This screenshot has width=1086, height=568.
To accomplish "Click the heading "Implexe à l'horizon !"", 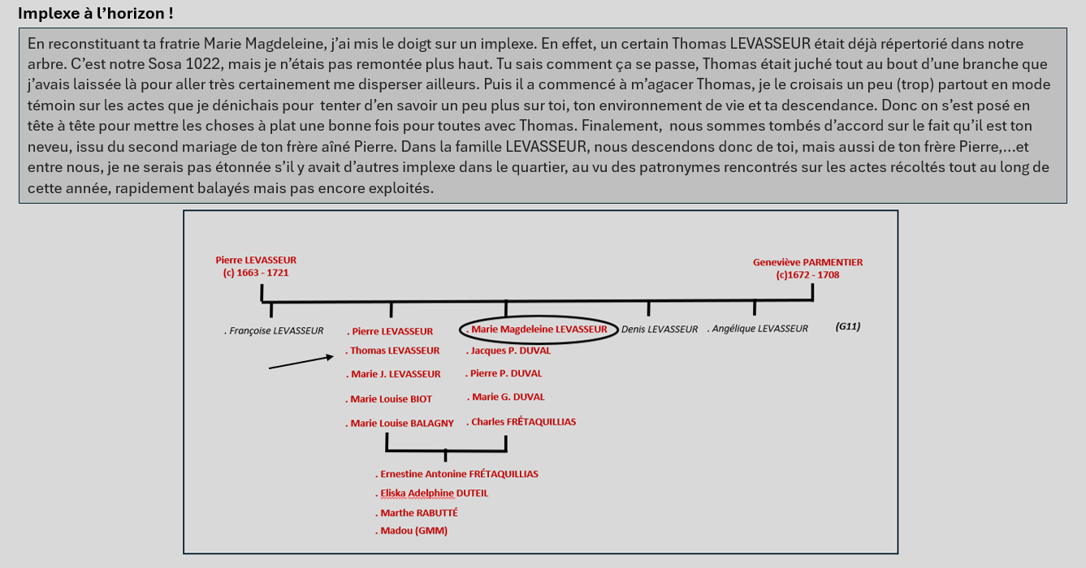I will (95, 13).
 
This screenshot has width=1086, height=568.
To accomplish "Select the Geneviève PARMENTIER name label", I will (807, 262).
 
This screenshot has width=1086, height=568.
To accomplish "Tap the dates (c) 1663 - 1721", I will (256, 273).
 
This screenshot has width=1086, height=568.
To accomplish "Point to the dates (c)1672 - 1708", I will (807, 275).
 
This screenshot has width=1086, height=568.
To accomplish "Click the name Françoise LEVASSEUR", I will (275, 330).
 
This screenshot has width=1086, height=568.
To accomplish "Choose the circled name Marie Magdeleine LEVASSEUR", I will (539, 329).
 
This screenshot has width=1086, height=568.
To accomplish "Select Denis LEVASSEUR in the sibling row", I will (659, 329).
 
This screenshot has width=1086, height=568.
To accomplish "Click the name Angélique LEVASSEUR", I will (758, 329).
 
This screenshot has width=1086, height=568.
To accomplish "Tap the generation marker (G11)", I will (847, 327).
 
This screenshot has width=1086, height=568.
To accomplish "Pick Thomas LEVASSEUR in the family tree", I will (394, 351).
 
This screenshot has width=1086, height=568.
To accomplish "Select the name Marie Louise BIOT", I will (391, 399).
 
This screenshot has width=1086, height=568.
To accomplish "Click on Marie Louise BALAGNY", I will (401, 423).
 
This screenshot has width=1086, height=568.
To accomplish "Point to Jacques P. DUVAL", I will (509, 351).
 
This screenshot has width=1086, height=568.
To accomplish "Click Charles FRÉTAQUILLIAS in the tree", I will (522, 422).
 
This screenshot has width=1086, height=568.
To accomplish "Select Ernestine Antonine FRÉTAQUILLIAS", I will (457, 474).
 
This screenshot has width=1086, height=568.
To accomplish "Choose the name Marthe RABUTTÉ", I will (418, 513).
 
